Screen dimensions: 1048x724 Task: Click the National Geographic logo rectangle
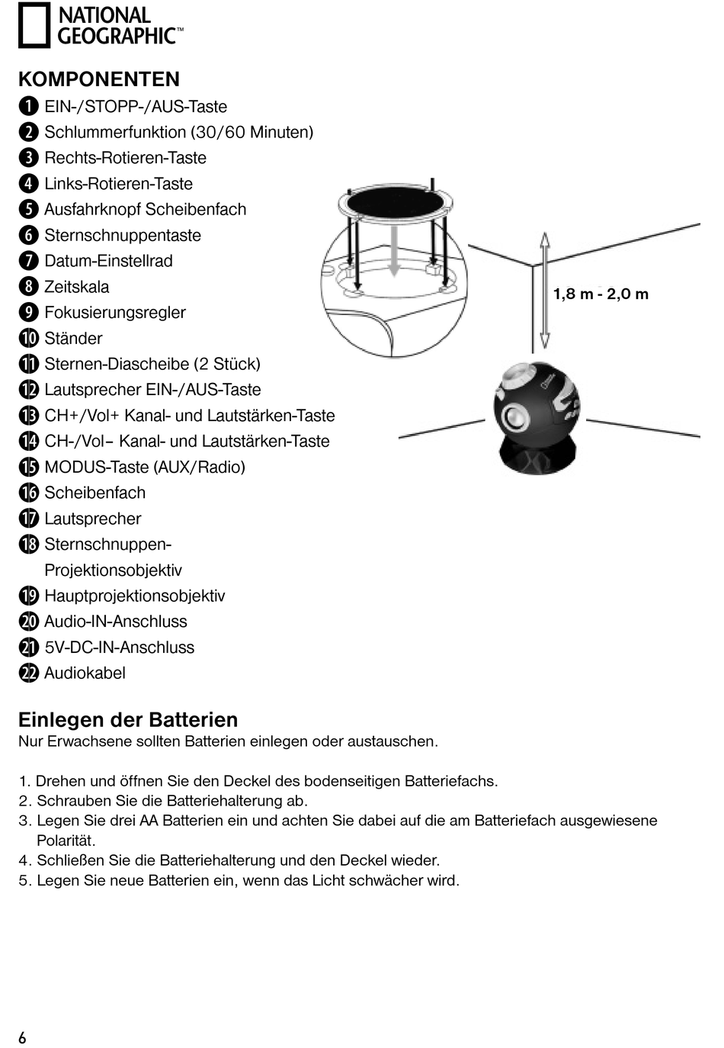[x=34, y=25]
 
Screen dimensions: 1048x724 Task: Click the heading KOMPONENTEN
[x=99, y=79]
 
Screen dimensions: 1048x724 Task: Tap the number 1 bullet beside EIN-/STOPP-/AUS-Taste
[x=29, y=106]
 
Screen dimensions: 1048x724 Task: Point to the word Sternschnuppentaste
[x=122, y=235]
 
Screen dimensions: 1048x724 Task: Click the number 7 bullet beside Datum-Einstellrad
[x=29, y=261]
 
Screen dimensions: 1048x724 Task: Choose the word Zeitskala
[x=76, y=287]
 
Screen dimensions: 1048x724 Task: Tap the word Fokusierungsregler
[x=114, y=313]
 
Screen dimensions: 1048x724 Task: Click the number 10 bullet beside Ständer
[x=29, y=338]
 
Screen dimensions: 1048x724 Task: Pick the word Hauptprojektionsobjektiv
[x=134, y=596]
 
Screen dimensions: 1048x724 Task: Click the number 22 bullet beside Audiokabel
[x=29, y=673]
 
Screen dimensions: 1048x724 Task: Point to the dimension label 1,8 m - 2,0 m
[x=601, y=294]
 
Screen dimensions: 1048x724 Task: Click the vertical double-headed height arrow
[x=544, y=290]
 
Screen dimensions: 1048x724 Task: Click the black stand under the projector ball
[x=537, y=458]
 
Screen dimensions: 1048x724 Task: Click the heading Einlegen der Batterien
[x=128, y=720]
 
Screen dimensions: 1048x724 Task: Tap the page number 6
[x=22, y=1037]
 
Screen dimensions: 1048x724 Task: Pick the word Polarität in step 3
[x=66, y=841]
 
